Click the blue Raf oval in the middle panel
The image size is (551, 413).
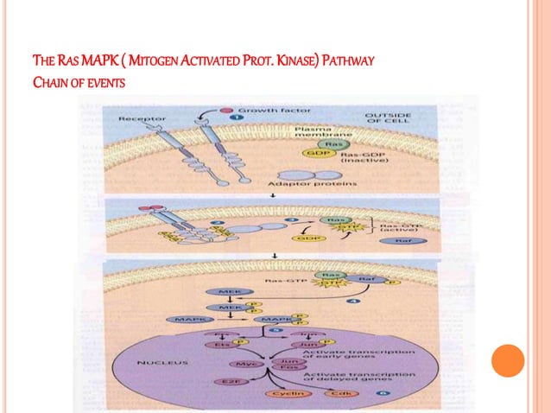pos(399,242)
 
